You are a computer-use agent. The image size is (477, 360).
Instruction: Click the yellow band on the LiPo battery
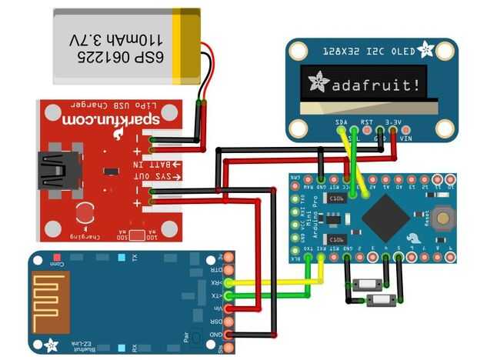(187, 45)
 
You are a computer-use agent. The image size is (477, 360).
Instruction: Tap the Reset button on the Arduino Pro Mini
(442, 218)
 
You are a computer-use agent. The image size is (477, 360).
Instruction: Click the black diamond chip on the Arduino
(385, 217)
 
